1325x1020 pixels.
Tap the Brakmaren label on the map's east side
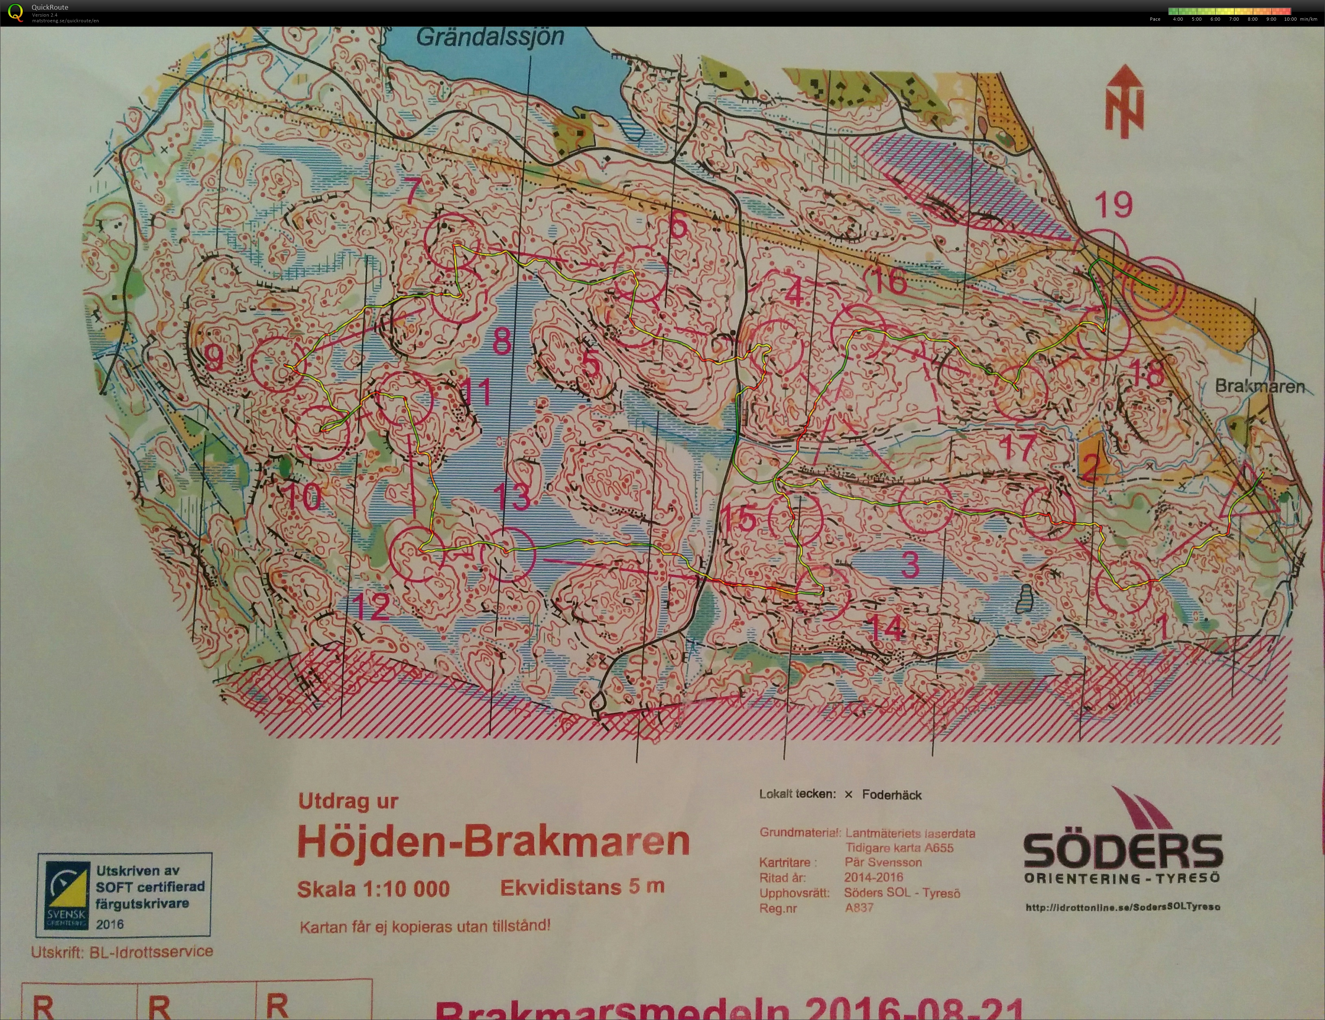(1259, 387)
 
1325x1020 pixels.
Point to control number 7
(413, 191)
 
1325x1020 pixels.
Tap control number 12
(370, 606)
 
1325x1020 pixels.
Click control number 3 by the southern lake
(910, 565)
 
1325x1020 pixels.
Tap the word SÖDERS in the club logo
(1123, 851)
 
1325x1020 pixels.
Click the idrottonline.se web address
(1123, 907)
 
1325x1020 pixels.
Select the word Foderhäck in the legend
(891, 795)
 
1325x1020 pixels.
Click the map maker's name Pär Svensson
(883, 862)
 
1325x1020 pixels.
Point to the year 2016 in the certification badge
(110, 924)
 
